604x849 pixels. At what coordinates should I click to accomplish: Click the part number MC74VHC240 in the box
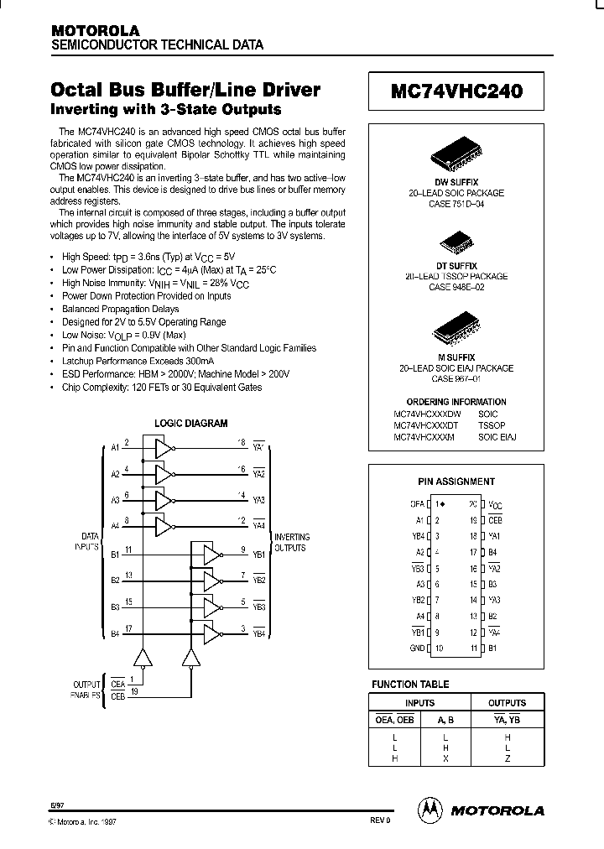pos(456,92)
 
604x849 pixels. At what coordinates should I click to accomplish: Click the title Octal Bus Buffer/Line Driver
pos(186,91)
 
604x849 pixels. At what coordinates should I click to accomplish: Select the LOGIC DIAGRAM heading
pos(191,424)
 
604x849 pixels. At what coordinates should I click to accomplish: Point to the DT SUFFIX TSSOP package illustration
pos(456,246)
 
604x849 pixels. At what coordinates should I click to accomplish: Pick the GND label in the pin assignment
pos(416,648)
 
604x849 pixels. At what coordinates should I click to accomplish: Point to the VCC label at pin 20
pos(495,505)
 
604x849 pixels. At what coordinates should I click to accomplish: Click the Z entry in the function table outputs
pos(508,758)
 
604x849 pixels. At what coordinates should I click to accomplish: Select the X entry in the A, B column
pos(445,758)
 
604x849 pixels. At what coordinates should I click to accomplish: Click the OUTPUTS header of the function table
pos(508,703)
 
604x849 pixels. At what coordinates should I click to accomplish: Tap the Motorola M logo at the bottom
pos(430,810)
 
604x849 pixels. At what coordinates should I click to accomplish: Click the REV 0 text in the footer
pos(379,820)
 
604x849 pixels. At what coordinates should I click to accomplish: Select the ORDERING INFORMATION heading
pos(456,402)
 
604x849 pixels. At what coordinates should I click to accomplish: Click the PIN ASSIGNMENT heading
pos(456,482)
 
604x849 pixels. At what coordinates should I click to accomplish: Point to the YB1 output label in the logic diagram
pos(258,555)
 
